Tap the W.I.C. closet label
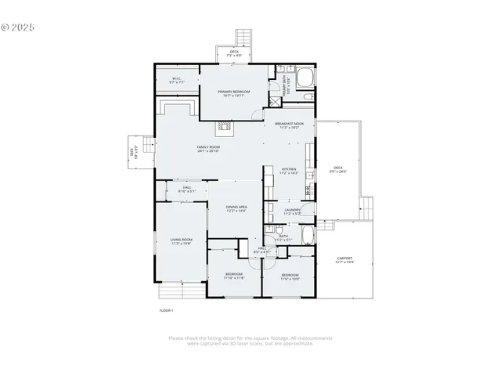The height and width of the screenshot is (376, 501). (176, 79)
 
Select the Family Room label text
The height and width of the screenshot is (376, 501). (208, 149)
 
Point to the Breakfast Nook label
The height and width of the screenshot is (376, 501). (289, 125)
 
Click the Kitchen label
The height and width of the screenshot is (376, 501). (289, 170)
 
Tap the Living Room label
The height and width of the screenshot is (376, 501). (181, 242)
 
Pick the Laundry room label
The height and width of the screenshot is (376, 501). (293, 211)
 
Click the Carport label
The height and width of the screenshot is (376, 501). (344, 260)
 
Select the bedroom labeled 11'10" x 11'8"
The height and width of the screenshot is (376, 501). (234, 276)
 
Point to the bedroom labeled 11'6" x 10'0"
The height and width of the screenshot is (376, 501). (290, 277)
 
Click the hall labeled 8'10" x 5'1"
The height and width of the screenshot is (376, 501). (187, 189)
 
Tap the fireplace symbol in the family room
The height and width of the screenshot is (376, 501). (224, 124)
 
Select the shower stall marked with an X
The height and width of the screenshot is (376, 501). (276, 101)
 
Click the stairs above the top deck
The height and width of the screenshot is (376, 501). (244, 38)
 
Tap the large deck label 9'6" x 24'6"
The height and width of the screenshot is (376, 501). (338, 169)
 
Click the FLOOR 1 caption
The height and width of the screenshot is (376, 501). (166, 311)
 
